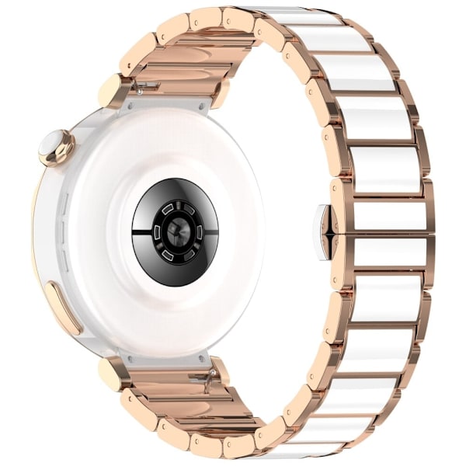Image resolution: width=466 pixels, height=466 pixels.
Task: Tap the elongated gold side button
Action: pyautogui.click(x=62, y=308)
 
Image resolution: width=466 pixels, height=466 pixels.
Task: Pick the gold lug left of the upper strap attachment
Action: pyautogui.click(x=113, y=91)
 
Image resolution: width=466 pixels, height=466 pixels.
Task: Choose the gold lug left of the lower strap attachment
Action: pyautogui.click(x=113, y=374)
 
